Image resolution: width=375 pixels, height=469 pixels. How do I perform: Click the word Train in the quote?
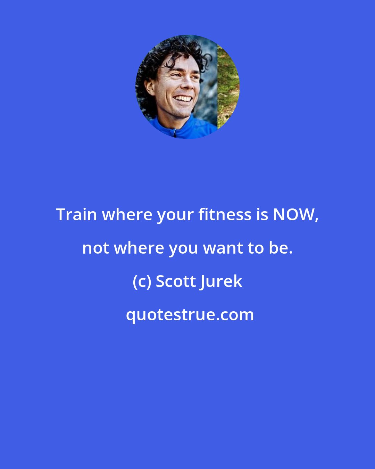click(76, 215)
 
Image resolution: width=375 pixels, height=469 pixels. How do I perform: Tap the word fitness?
click(225, 215)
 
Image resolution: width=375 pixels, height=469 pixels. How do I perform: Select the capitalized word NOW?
click(294, 215)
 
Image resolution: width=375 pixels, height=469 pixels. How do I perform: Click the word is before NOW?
click(262, 215)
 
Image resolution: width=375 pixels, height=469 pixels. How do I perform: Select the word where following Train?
click(127, 215)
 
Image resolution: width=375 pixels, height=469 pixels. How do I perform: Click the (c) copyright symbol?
click(142, 281)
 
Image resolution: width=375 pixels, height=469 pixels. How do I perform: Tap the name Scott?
click(175, 281)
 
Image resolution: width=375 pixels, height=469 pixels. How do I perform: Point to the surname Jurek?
click(221, 281)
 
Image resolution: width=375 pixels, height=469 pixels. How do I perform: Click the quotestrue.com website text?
click(190, 315)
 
